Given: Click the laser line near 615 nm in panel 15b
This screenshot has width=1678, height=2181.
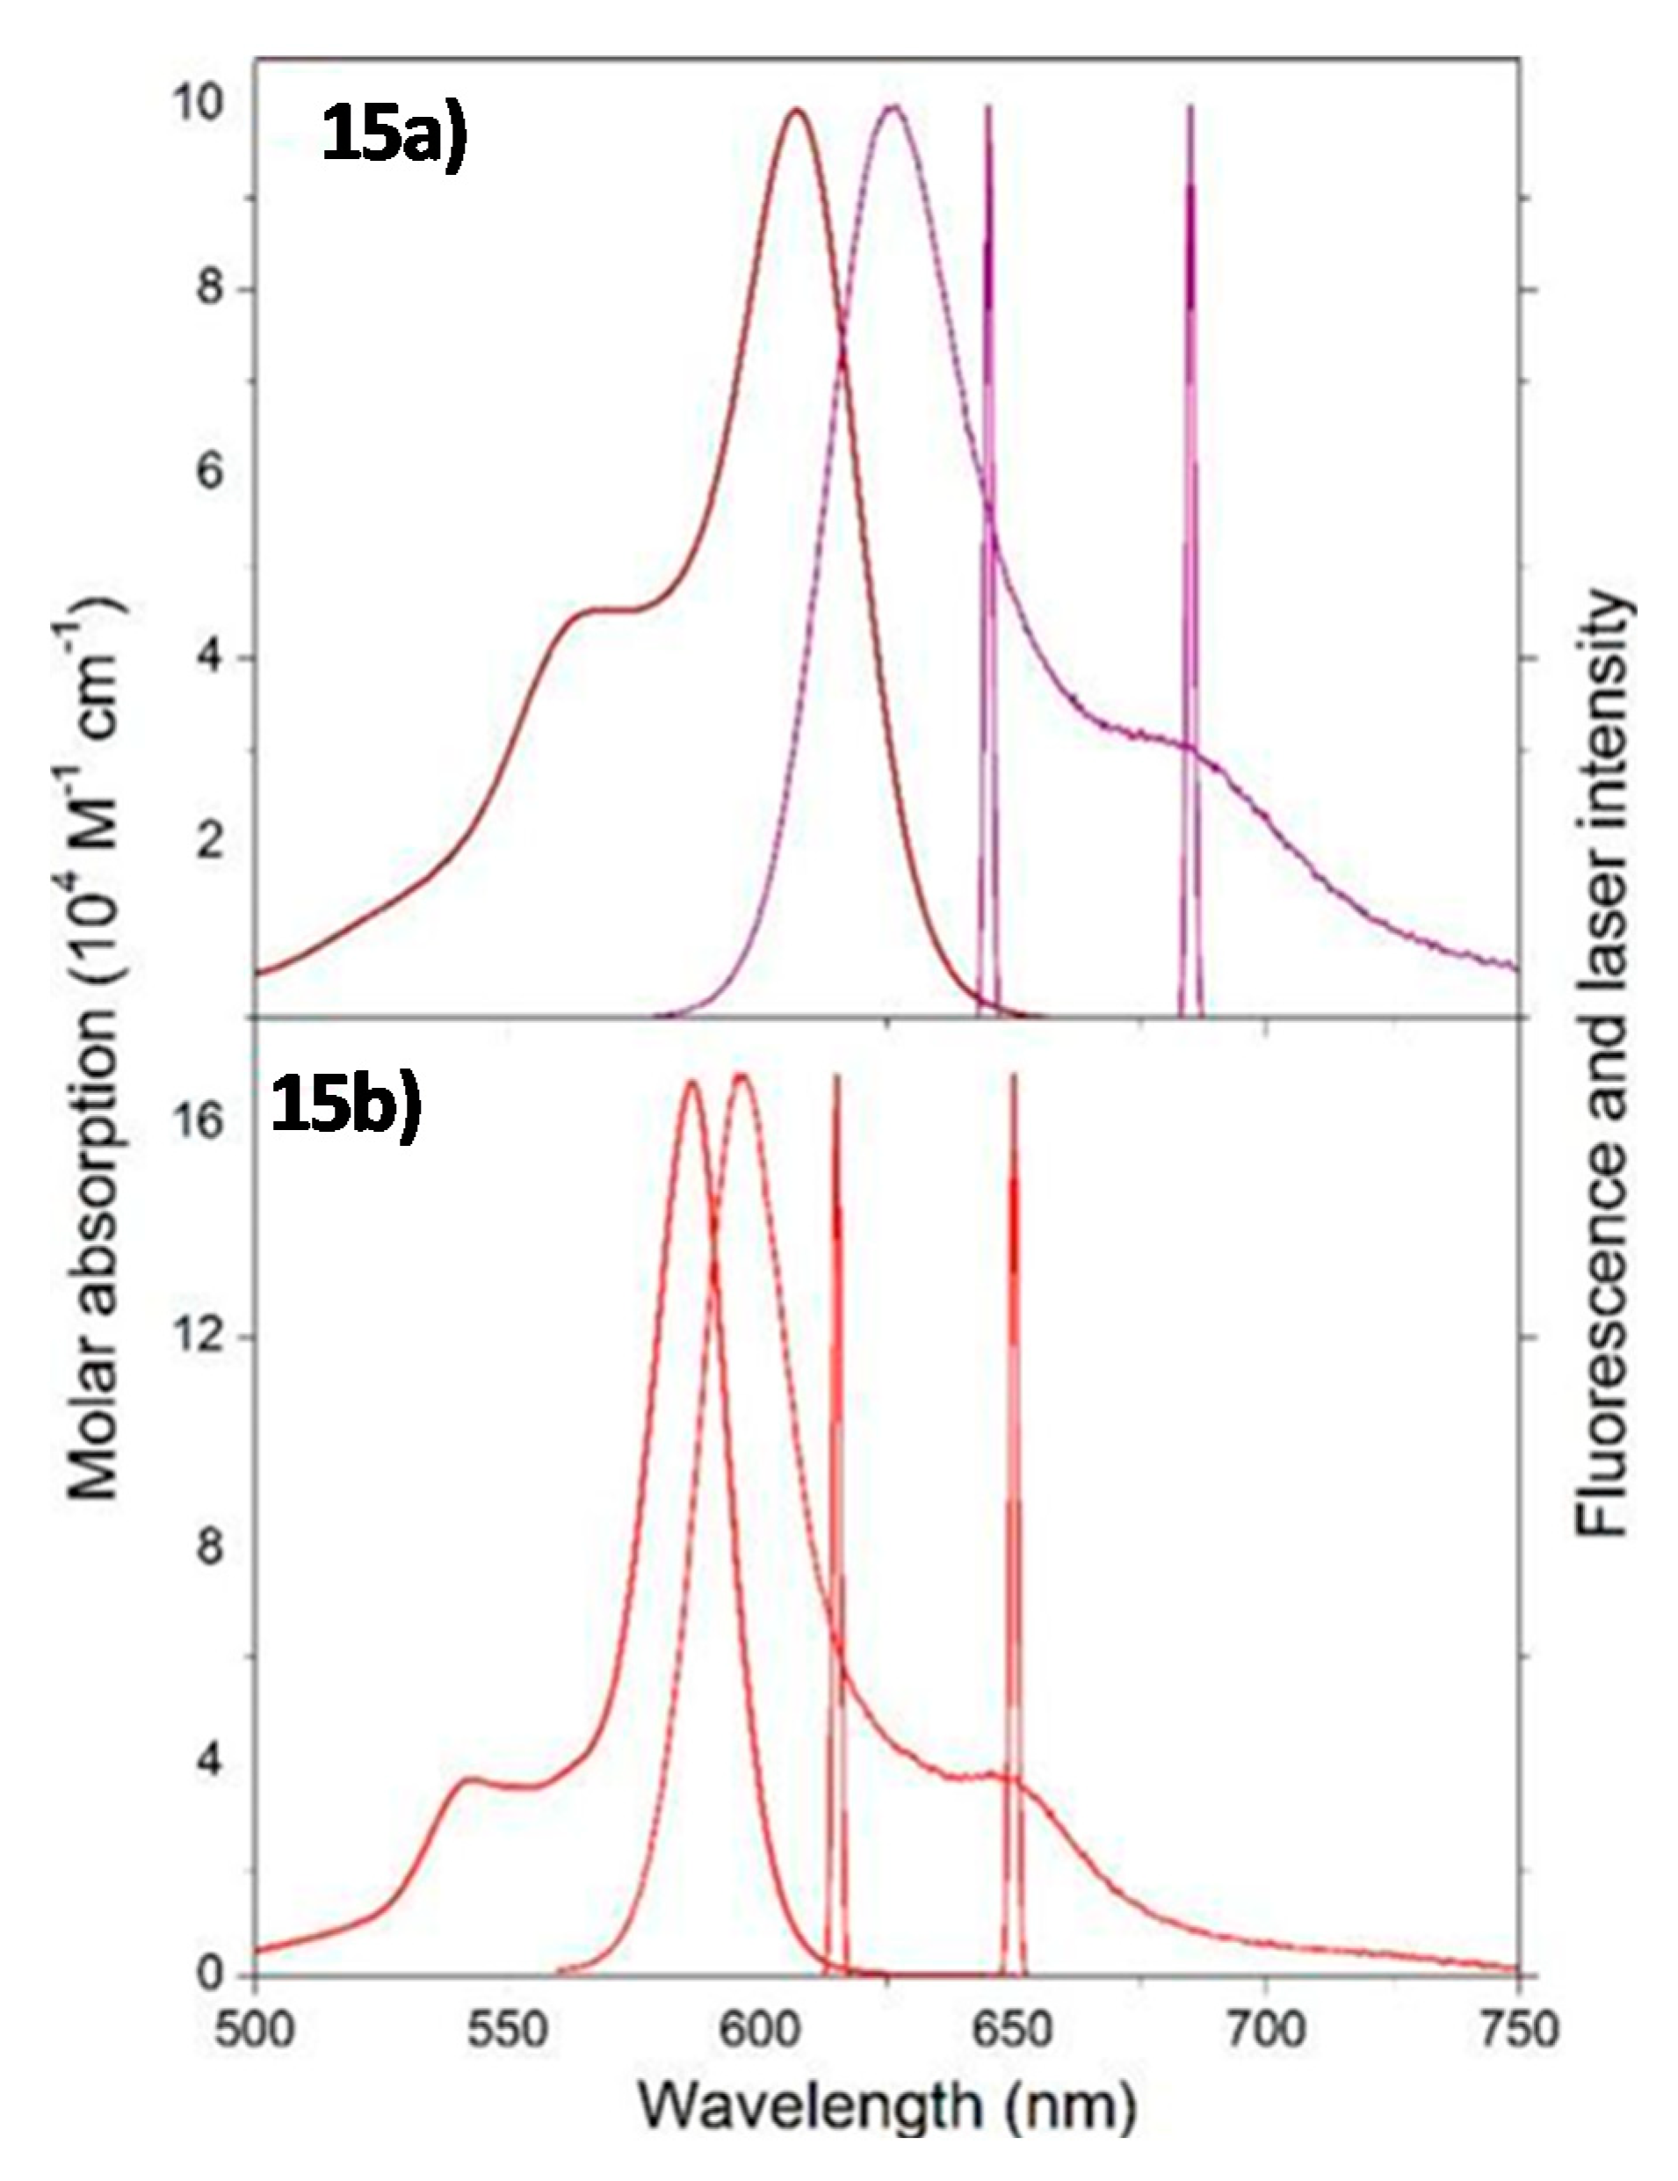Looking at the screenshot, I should tap(836, 1398).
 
